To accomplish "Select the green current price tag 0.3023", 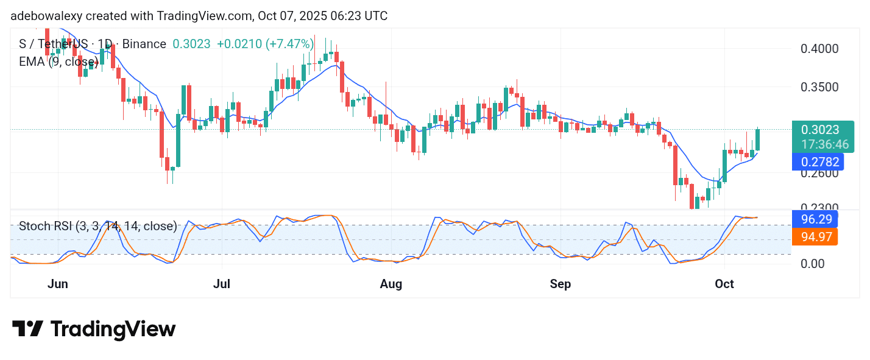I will pyautogui.click(x=820, y=130).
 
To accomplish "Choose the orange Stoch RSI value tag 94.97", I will pyautogui.click(x=814, y=237).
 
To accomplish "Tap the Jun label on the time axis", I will pyautogui.click(x=57, y=284).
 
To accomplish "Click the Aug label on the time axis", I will pyautogui.click(x=391, y=284).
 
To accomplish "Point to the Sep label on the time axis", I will pyautogui.click(x=561, y=284).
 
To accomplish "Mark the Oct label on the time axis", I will pyautogui.click(x=724, y=284).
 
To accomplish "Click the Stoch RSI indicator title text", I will pyautogui.click(x=97, y=227).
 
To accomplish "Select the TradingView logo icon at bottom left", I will pyautogui.click(x=27, y=329).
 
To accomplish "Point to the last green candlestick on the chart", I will pyautogui.click(x=758, y=139).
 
